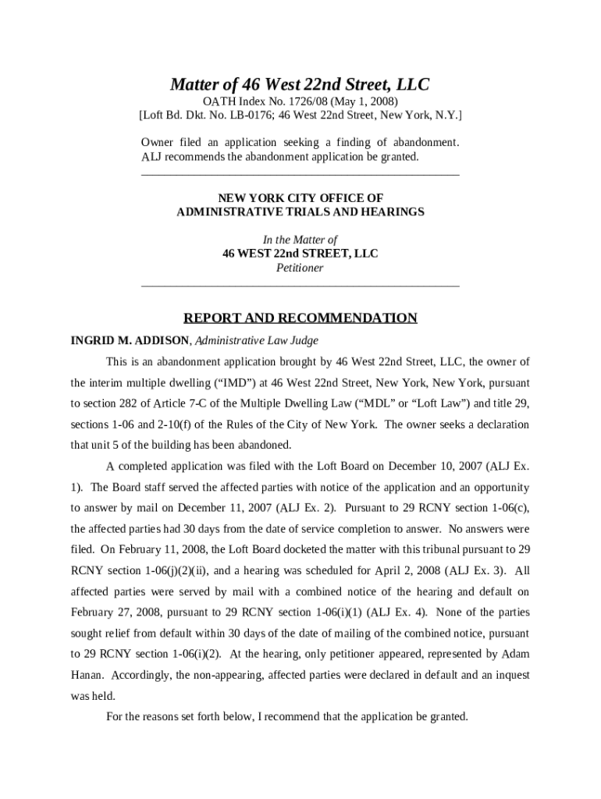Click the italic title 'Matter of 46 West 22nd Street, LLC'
[x=300, y=84]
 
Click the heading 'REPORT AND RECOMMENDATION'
[x=300, y=318]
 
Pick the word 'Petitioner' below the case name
[x=300, y=268]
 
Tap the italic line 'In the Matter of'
[x=300, y=240]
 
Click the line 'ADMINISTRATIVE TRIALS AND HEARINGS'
[x=300, y=212]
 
